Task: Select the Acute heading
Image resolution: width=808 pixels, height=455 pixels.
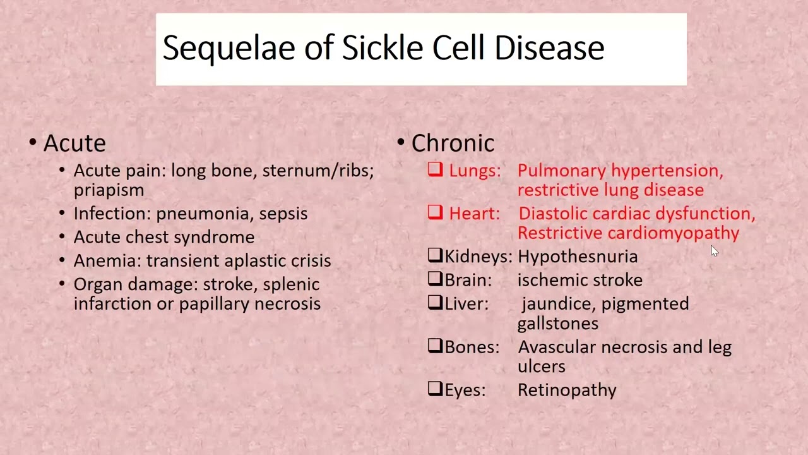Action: point(74,143)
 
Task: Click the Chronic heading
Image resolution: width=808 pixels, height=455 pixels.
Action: point(453,143)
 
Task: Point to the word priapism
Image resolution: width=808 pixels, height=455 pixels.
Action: point(109,190)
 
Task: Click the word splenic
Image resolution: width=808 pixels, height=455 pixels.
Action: point(291,285)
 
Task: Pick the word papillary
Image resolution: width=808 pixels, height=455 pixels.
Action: point(214,304)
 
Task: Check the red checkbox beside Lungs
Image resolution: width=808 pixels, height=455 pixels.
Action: point(435,169)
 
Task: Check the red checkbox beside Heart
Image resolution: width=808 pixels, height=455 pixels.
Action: point(435,212)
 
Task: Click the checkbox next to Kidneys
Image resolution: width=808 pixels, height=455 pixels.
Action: point(435,255)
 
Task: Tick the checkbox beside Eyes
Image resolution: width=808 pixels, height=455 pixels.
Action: point(435,389)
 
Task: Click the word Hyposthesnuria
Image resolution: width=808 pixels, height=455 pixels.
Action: point(577,257)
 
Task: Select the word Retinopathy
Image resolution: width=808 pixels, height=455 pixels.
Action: point(566,390)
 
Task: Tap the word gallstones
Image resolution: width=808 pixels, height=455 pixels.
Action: point(557,324)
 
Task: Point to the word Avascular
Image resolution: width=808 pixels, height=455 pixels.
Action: point(557,347)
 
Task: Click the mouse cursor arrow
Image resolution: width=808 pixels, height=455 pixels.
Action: point(714,251)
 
